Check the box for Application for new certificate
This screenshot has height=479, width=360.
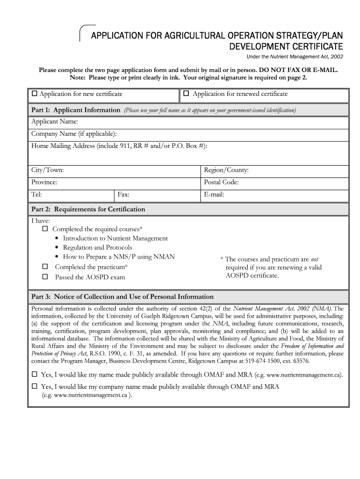35,94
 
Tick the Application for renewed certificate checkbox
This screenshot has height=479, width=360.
186,94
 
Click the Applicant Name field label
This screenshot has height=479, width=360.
54,122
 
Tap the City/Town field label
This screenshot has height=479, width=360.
47,170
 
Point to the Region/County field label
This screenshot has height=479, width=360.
226,170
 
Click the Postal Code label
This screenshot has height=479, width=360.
221,182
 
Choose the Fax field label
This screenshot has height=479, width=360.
123,195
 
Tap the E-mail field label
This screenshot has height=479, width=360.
214,195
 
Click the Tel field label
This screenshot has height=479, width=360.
36,195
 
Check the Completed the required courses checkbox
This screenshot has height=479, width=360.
45,229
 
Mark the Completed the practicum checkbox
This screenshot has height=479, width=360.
45,267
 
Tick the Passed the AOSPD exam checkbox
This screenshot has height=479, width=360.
45,276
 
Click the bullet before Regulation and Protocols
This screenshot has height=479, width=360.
57,248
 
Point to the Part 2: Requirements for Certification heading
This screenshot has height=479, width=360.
88,209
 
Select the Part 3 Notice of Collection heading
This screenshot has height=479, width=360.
122,297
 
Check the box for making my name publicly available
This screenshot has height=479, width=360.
34,375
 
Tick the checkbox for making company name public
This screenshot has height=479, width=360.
34,387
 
